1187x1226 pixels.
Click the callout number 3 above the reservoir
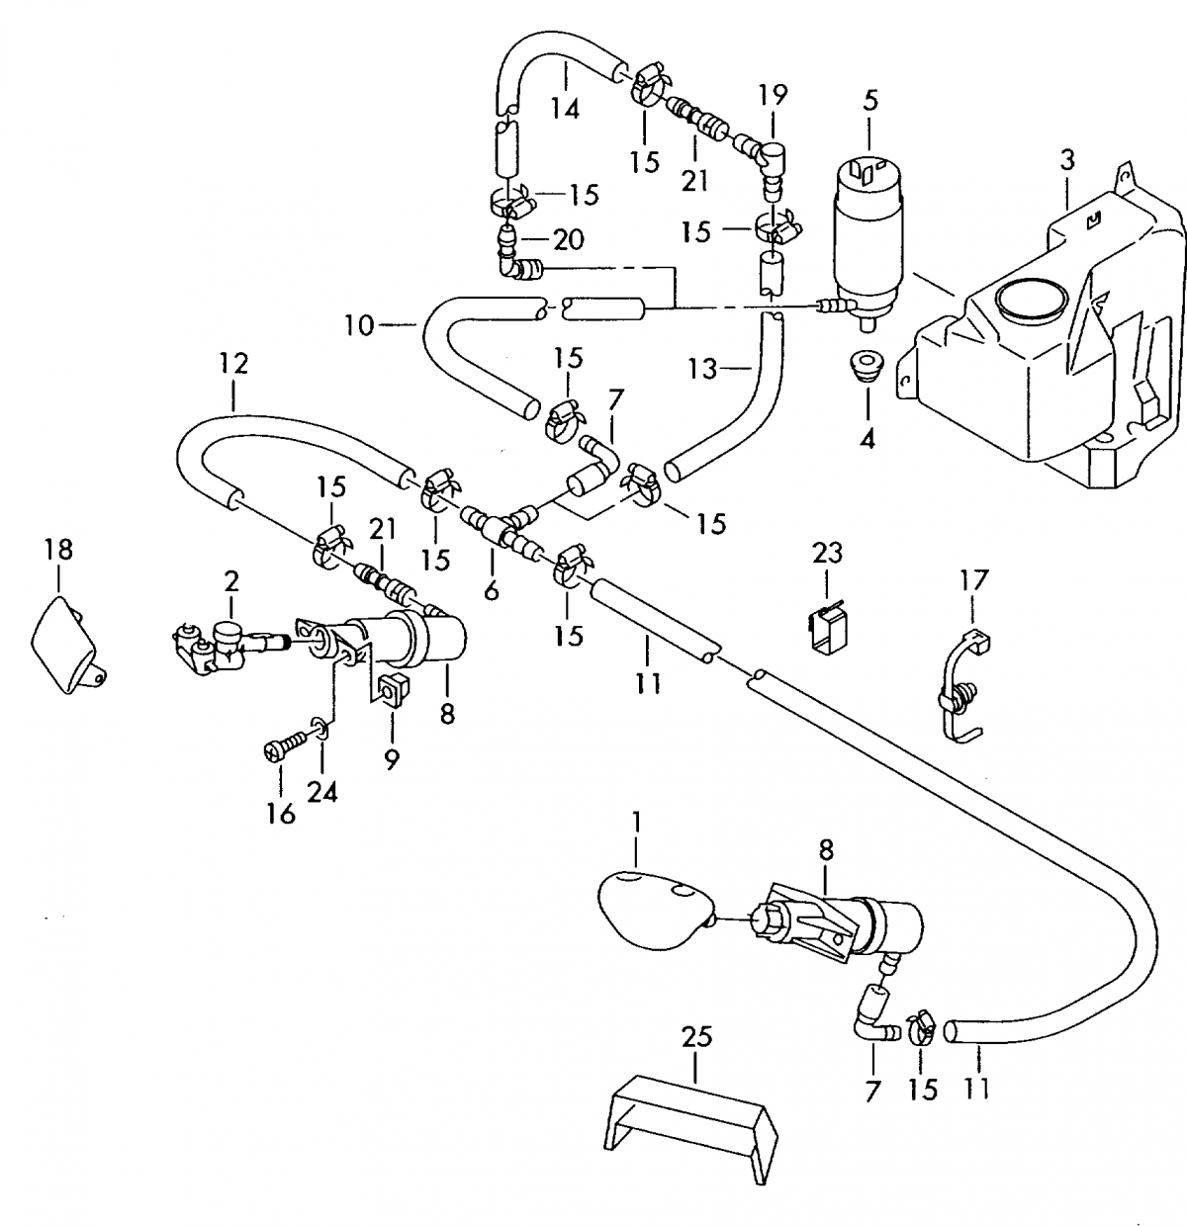tap(1066, 160)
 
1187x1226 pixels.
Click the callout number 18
tap(58, 550)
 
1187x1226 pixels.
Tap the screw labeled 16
tap(287, 743)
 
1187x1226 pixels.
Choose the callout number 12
tap(233, 364)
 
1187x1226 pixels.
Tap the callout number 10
tap(359, 325)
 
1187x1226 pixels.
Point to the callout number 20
tap(569, 239)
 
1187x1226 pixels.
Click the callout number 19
tap(773, 95)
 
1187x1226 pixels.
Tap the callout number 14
tap(565, 109)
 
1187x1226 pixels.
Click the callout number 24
tap(322, 791)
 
